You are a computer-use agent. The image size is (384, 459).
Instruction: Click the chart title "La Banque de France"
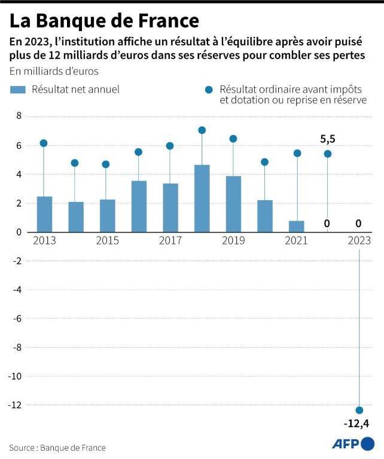tap(104, 21)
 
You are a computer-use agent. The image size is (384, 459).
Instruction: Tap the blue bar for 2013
tap(44, 214)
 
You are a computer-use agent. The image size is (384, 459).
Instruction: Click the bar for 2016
tap(139, 206)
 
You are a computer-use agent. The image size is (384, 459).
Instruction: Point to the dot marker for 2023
tap(359, 410)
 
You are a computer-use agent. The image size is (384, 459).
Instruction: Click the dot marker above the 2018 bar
tap(202, 130)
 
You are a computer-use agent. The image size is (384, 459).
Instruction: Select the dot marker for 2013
tap(44, 143)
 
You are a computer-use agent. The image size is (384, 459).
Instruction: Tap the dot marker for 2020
tap(264, 162)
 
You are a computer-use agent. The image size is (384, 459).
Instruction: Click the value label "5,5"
tap(328, 139)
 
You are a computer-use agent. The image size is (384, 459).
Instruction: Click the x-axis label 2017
tap(170, 240)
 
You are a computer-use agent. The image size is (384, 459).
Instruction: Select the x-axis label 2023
tap(359, 240)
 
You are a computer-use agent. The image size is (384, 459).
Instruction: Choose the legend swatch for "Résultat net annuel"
tap(18, 90)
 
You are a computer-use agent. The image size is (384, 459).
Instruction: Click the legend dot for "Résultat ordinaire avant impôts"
tap(209, 90)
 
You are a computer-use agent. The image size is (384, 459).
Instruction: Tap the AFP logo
tap(353, 444)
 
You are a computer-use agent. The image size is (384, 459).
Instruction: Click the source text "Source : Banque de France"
tap(57, 447)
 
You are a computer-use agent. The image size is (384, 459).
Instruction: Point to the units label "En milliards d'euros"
tap(54, 71)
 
